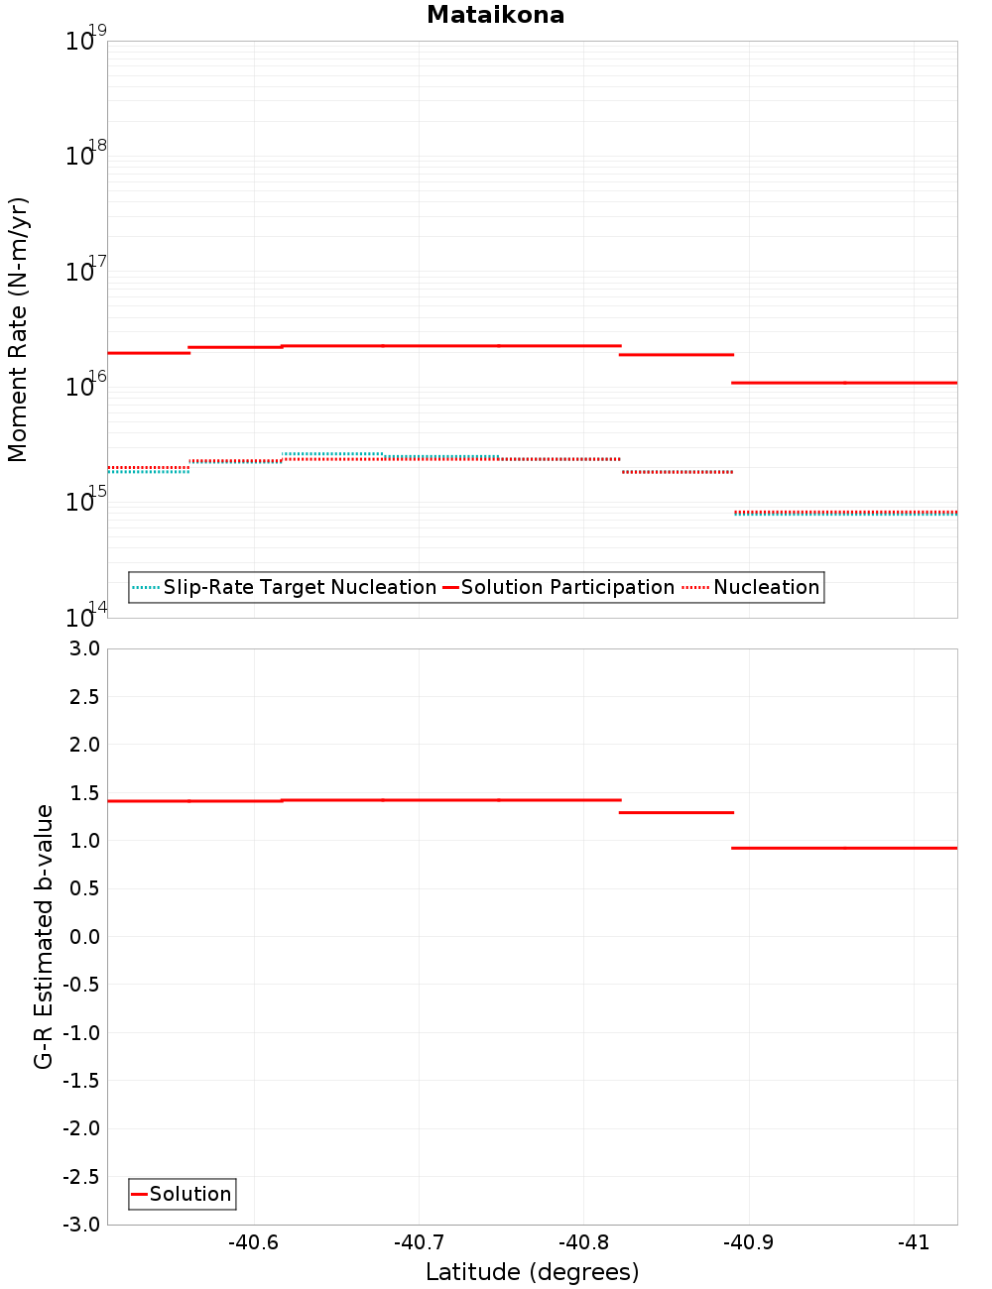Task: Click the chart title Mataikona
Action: tap(495, 15)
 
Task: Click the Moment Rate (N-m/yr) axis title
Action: tap(18, 329)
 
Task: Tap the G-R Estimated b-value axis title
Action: tap(44, 936)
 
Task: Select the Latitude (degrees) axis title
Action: tap(532, 1272)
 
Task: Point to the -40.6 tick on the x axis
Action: tap(253, 1242)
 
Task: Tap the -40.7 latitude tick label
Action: tap(418, 1242)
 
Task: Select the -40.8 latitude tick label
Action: tap(583, 1242)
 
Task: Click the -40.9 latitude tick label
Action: tap(748, 1242)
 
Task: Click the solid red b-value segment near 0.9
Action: tap(844, 848)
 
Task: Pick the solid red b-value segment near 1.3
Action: tap(677, 812)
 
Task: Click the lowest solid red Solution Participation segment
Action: tap(844, 382)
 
